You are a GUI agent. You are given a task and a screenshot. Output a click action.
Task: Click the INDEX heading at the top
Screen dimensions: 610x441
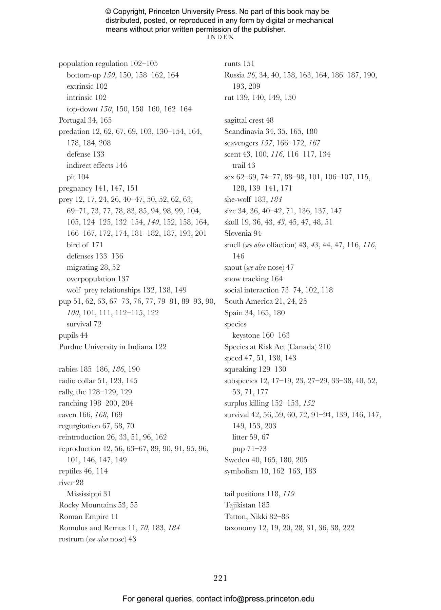(x=220, y=37)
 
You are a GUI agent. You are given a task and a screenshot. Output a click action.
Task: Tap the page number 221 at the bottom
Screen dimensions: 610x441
(x=220, y=578)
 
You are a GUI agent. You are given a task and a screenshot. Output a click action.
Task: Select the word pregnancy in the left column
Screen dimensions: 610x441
(x=75, y=188)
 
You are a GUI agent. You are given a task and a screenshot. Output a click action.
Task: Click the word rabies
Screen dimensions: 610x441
(x=68, y=369)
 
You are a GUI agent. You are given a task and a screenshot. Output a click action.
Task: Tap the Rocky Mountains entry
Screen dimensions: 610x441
(x=87, y=505)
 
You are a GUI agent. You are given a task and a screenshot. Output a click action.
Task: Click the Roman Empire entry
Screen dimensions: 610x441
(x=83, y=517)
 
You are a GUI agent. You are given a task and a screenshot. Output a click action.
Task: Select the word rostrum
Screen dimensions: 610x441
(x=71, y=539)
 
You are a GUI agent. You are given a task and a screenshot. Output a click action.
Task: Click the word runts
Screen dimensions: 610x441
(x=232, y=64)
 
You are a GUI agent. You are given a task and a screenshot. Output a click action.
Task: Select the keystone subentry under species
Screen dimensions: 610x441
(x=246, y=335)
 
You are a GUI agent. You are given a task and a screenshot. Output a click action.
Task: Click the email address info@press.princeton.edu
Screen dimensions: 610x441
(x=269, y=599)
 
